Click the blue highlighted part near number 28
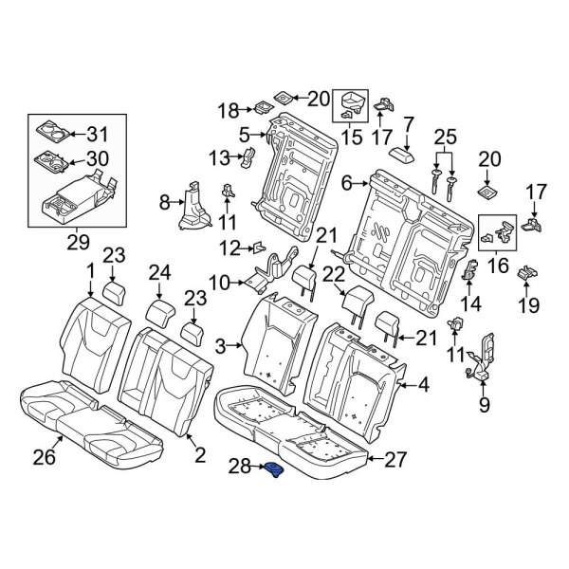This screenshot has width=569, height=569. point(276,471)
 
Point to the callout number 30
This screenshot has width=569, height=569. point(99,159)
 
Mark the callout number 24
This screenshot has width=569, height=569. point(159,274)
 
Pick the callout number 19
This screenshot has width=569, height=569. point(528,305)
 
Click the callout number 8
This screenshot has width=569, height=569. point(163,201)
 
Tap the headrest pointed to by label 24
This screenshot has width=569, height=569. point(159,311)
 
